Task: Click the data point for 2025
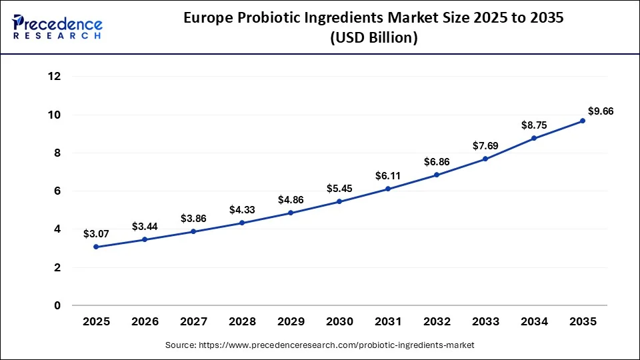tap(96, 247)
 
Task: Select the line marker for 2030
tap(339, 201)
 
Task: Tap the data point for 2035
tap(583, 121)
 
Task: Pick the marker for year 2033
tap(485, 159)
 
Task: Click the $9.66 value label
tap(600, 111)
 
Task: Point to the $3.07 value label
tap(96, 234)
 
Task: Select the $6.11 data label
tap(388, 175)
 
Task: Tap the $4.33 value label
tap(242, 209)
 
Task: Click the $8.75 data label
tap(534, 125)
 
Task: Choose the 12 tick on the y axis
tap(55, 77)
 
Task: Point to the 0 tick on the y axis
tap(57, 306)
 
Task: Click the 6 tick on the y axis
tap(57, 191)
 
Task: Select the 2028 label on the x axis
tap(242, 321)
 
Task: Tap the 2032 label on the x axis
tap(437, 321)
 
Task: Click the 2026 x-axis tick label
tap(145, 321)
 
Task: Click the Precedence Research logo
tap(57, 27)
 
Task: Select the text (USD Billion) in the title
tap(374, 39)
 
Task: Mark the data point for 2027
tap(193, 231)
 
